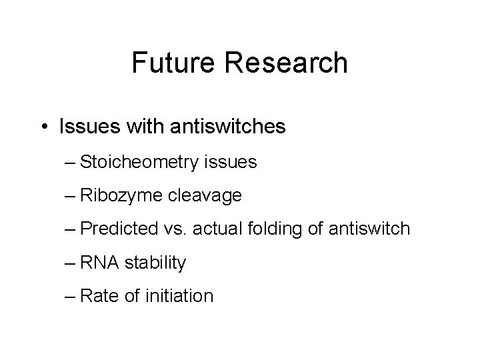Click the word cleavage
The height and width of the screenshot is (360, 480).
pos(209,195)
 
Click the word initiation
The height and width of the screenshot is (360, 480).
pos(179,296)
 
